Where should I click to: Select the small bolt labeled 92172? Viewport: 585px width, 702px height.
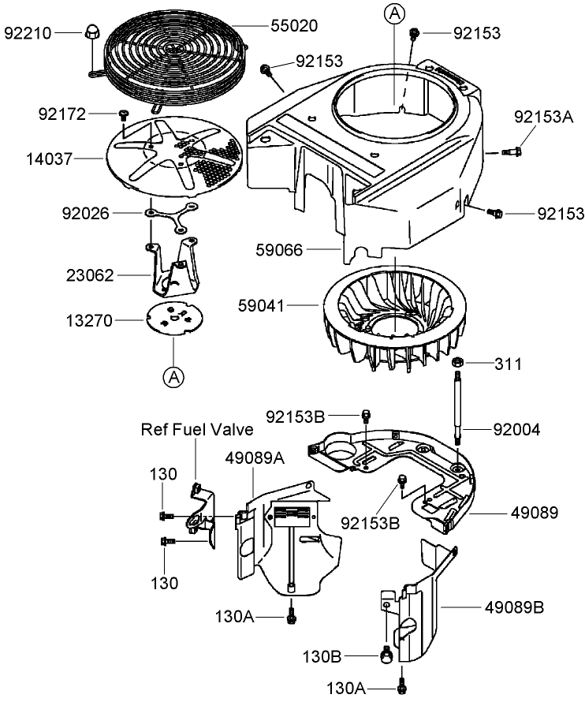coord(123,116)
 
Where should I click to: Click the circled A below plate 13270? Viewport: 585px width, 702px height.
coord(173,376)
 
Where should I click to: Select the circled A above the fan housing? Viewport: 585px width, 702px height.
coord(393,13)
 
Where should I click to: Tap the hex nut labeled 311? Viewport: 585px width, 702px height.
coord(456,364)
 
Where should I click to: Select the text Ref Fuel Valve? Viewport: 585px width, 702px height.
coord(197,429)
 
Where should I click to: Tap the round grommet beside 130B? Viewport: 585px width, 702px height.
coord(386,654)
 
